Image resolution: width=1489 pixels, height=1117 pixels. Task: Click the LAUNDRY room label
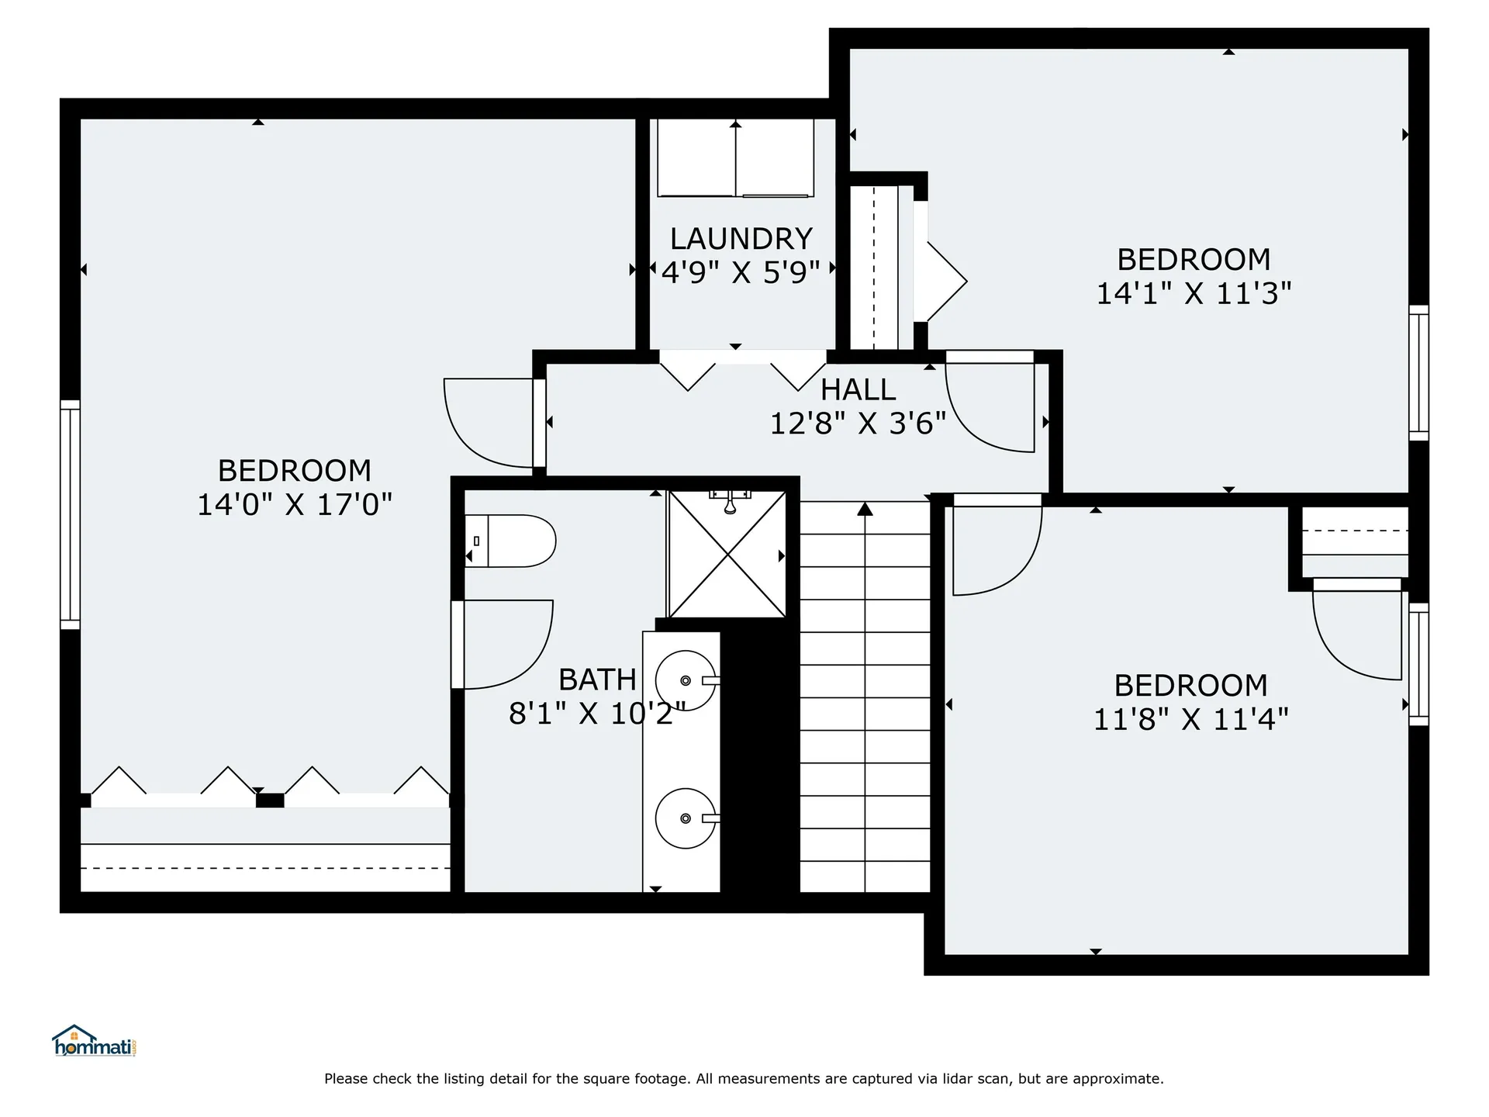pos(741,239)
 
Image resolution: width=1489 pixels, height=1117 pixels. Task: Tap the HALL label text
pos(858,389)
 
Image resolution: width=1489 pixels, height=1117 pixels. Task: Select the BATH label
pos(597,680)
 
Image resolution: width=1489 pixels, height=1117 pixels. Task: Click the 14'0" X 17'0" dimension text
pos(295,505)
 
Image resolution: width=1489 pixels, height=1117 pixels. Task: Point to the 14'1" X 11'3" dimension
pos(1194,294)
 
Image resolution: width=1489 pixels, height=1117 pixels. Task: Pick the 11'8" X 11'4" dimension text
pos(1190,720)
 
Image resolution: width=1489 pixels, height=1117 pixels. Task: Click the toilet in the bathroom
pos(510,541)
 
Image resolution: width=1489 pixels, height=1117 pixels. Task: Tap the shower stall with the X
pos(727,554)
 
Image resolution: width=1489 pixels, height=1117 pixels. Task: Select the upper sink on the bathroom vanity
pos(686,681)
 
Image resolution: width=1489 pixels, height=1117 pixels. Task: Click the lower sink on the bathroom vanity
pos(686,818)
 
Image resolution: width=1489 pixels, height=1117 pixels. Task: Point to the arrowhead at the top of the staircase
pos(865,509)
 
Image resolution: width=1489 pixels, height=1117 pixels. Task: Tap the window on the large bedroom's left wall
pos(70,514)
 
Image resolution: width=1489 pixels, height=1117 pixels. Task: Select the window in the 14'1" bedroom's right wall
pos(1418,373)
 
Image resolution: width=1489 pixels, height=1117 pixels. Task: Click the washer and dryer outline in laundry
pos(735,157)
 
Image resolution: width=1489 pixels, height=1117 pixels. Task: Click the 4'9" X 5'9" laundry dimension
pos(741,273)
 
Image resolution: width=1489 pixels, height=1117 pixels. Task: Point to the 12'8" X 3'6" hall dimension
pos(858,424)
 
